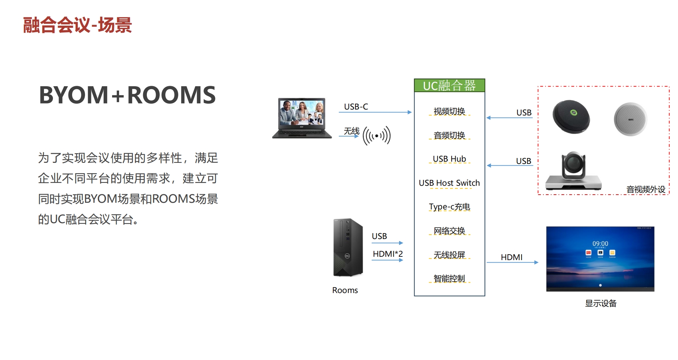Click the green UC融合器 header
pyautogui.click(x=449, y=85)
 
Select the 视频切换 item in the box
pyautogui.click(x=449, y=111)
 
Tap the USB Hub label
pyautogui.click(x=449, y=159)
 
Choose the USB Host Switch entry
pyautogui.click(x=449, y=183)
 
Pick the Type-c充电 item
pyautogui.click(x=449, y=207)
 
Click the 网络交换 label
pyautogui.click(x=449, y=231)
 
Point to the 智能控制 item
pyautogui.click(x=449, y=279)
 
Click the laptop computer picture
pyautogui.click(x=302, y=118)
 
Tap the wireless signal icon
pyautogui.click(x=377, y=136)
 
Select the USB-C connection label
pyautogui.click(x=356, y=107)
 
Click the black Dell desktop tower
pyautogui.click(x=348, y=248)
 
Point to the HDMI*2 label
pyautogui.click(x=388, y=254)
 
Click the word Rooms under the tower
pyautogui.click(x=345, y=290)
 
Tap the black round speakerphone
pyautogui.click(x=571, y=117)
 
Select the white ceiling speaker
pyautogui.click(x=630, y=119)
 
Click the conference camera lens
pyautogui.click(x=573, y=163)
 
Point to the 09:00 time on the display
pyautogui.click(x=600, y=243)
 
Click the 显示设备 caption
pyautogui.click(x=601, y=303)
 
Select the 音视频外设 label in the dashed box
pyautogui.click(x=646, y=189)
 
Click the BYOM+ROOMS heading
pyautogui.click(x=127, y=95)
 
